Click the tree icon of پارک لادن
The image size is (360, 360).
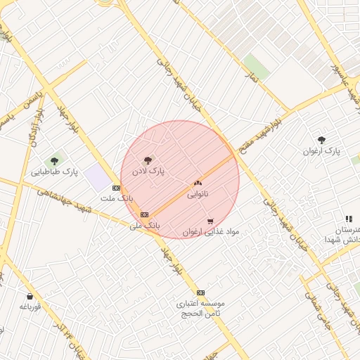pos(147,161)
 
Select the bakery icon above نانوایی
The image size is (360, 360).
pos(198,183)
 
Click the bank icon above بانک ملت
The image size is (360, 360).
pos(116,188)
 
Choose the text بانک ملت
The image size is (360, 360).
pos(117,198)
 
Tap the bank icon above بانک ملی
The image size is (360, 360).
pos(145,214)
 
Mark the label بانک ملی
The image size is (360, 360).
pos(145,225)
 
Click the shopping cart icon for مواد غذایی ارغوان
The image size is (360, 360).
pos(210,221)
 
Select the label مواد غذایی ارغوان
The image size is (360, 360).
pos(211,231)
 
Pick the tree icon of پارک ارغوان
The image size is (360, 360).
pos(322,141)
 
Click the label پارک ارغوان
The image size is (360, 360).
pos(321,151)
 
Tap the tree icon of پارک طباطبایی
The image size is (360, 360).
pos(54,161)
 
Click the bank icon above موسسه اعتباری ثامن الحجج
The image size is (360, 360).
pos(200,292)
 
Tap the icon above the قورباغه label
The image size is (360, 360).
pos(30,297)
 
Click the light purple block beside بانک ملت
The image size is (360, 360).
pos(98,179)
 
